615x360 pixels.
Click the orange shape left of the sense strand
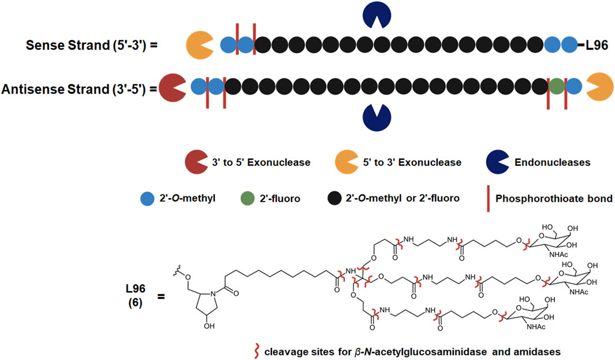199,45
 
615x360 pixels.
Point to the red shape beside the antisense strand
172,87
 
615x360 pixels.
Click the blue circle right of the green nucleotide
573,87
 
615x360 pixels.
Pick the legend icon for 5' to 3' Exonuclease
348,162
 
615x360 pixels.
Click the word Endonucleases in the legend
553,162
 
